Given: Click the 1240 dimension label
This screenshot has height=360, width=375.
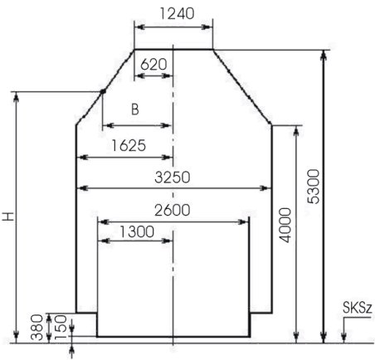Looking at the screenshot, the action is [x=177, y=13].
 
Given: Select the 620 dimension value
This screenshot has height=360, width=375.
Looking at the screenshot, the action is [x=153, y=65].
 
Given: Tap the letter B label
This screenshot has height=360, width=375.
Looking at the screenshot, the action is [x=135, y=109].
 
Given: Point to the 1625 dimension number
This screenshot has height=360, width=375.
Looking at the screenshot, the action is [x=129, y=145].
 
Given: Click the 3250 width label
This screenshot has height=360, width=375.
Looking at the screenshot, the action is [x=173, y=178].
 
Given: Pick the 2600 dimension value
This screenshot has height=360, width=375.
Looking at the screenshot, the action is [x=173, y=210].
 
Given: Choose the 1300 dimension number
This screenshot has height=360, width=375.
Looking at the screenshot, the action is [x=137, y=231].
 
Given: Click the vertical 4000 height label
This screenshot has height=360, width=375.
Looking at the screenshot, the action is [x=285, y=225].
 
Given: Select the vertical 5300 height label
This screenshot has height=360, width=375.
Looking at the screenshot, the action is [x=314, y=187].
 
